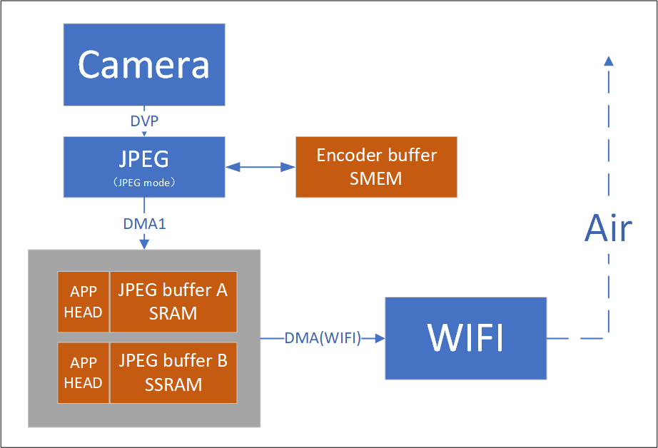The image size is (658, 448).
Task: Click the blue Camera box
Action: pos(144,64)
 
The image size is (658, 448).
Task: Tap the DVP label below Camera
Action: pos(144,121)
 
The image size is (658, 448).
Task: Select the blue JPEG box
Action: pos(144,167)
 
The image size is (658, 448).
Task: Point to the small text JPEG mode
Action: pos(144,183)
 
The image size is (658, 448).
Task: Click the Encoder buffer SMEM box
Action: pos(376,167)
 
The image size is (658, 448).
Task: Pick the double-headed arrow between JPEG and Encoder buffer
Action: pos(260,167)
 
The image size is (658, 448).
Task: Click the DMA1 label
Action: pos(145,223)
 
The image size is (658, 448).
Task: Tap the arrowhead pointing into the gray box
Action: pos(144,245)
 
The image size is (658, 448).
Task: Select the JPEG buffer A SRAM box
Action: pos(173,301)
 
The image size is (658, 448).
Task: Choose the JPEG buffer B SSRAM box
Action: pos(173,372)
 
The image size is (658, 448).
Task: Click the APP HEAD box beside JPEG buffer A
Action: pos(83,301)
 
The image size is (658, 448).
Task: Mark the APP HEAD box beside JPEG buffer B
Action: pos(83,372)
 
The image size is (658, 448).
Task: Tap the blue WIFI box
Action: pos(465,338)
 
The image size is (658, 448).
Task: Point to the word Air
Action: pos(608,229)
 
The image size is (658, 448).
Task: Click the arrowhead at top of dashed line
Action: pos(608,61)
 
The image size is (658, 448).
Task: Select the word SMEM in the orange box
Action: pos(376,178)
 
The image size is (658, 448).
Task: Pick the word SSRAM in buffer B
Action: pos(173,385)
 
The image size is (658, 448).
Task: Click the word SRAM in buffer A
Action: pos(173,313)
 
